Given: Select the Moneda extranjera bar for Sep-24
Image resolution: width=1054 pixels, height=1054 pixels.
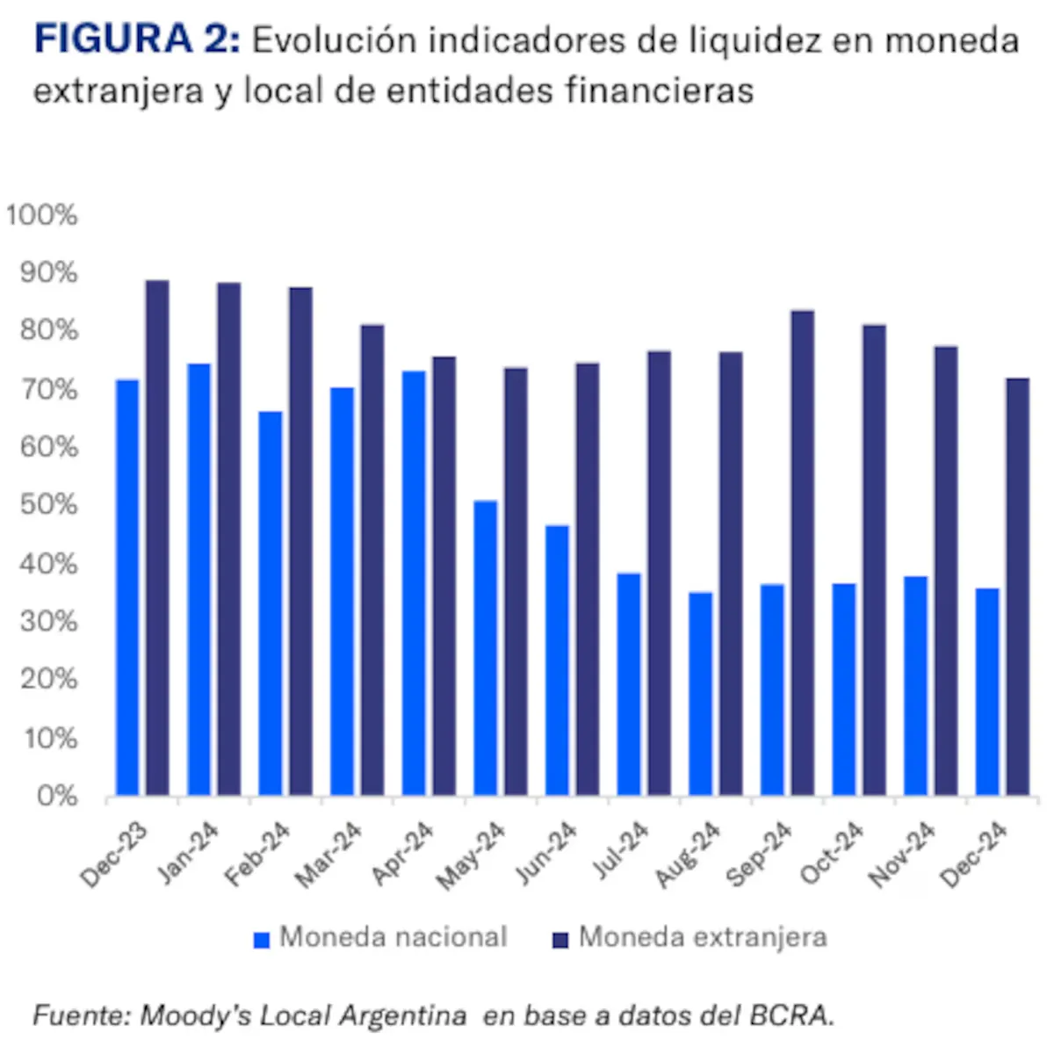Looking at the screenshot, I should pyautogui.click(x=803, y=552).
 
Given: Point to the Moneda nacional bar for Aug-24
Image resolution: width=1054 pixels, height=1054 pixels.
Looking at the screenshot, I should pyautogui.click(x=701, y=694).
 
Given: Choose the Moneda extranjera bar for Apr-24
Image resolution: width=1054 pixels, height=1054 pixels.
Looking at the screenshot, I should pyautogui.click(x=444, y=575).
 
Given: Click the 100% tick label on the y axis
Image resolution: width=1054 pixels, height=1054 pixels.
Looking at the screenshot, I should pyautogui.click(x=42, y=215).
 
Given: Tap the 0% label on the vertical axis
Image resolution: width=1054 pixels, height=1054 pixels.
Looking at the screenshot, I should pyautogui.click(x=58, y=796).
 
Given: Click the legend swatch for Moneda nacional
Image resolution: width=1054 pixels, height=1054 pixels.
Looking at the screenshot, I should pyautogui.click(x=262, y=940).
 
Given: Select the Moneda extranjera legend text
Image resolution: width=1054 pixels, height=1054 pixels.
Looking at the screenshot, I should pyautogui.click(x=703, y=937).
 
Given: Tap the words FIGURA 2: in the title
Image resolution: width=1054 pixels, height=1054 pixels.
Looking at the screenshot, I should pyautogui.click(x=136, y=41).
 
